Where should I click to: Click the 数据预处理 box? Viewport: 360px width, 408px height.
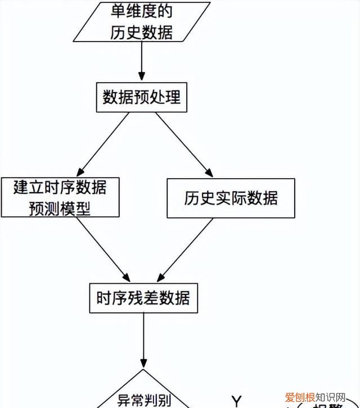click(x=142, y=98)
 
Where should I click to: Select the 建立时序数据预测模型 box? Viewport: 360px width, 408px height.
click(x=60, y=198)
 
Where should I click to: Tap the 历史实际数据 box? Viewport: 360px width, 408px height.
click(x=231, y=198)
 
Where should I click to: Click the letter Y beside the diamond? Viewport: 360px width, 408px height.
click(x=237, y=401)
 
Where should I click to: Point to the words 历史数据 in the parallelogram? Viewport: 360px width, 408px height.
click(x=141, y=31)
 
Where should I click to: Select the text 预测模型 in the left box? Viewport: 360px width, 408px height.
click(x=60, y=208)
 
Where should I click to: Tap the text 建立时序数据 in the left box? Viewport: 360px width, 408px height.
click(x=60, y=187)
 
